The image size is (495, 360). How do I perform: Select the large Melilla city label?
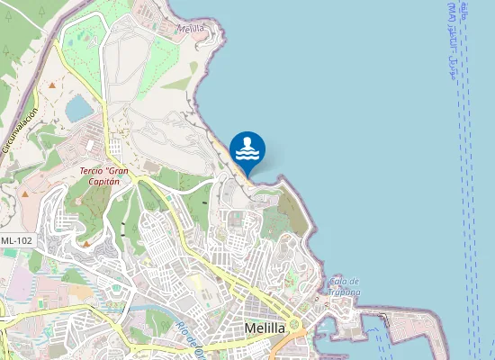pyautogui.click(x=265, y=328)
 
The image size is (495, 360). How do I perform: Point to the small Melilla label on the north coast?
pyautogui.click(x=192, y=29)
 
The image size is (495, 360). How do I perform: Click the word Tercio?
pyautogui.click(x=89, y=171)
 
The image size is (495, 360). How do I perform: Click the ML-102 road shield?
pyautogui.click(x=18, y=240)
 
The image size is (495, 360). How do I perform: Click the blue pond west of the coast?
pyautogui.click(x=78, y=109)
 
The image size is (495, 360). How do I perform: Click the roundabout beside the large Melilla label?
pyautogui.click(x=294, y=324)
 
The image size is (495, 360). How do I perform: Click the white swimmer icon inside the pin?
pyautogui.click(x=247, y=144)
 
